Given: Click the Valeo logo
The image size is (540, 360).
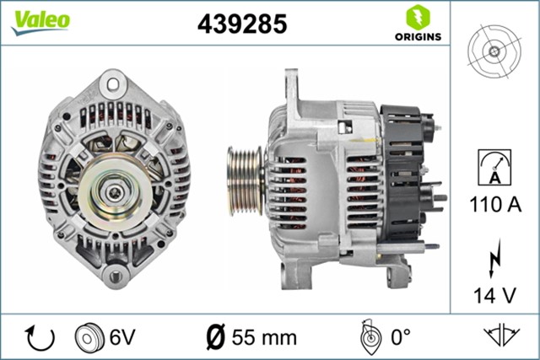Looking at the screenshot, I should tap(40, 22).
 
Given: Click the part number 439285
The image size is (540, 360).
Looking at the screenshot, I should tap(242, 24).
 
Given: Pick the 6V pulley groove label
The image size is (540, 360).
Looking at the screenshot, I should tap(121, 338).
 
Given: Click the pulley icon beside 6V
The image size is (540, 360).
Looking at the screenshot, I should tap(88, 338).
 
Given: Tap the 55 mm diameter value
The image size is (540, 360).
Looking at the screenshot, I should tap(267, 338).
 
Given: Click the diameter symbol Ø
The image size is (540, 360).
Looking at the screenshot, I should tap(216, 338).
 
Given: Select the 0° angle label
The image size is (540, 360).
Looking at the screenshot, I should tap(399, 338).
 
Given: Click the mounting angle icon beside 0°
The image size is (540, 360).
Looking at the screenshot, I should tap(367, 336).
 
